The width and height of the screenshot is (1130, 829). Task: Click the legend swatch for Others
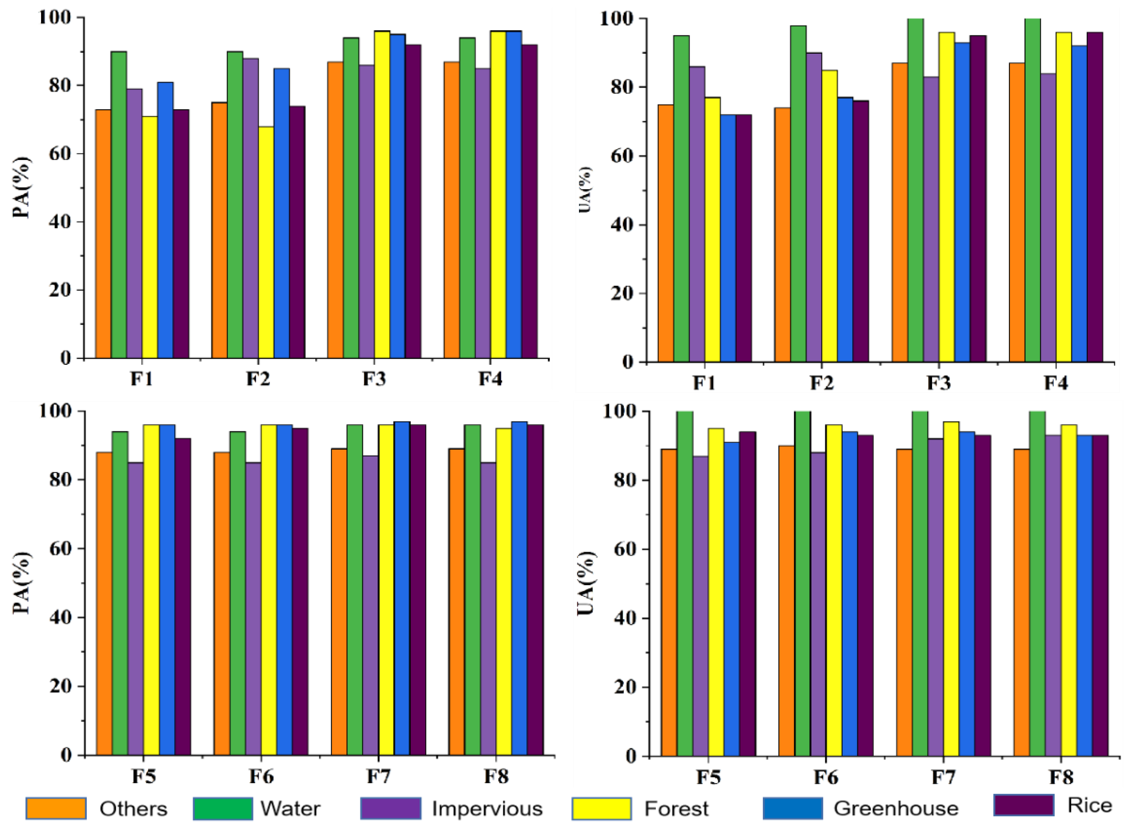[56, 808]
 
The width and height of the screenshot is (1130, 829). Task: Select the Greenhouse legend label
[896, 808]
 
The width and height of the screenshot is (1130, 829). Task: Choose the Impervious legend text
[487, 808]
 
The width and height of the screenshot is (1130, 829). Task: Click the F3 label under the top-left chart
[374, 379]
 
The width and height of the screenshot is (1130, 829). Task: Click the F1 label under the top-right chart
[704, 383]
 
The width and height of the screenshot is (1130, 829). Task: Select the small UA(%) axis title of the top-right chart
[585, 190]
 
